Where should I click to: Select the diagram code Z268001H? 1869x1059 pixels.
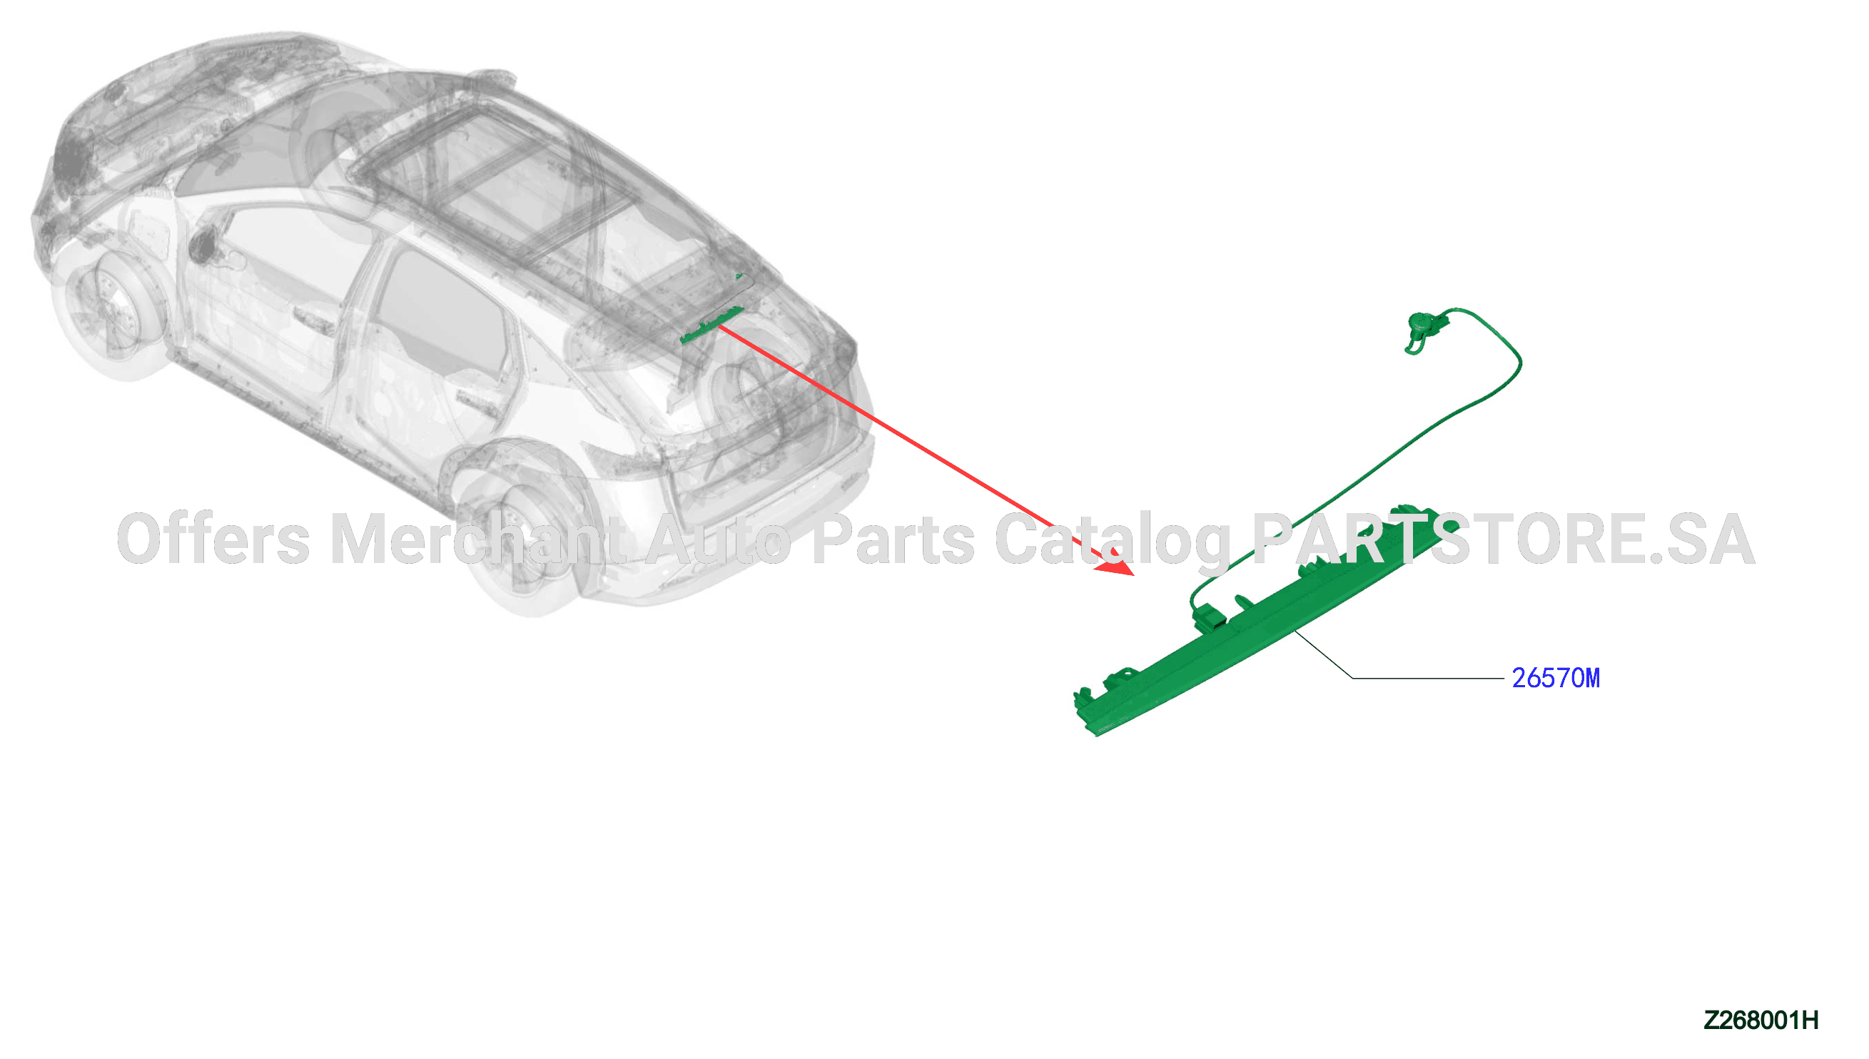pyautogui.click(x=1760, y=1020)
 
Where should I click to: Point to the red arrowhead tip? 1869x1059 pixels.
pyautogui.click(x=1134, y=575)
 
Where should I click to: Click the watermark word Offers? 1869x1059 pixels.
pyautogui.click(x=214, y=539)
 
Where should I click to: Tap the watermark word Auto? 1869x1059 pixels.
pyautogui.click(x=719, y=539)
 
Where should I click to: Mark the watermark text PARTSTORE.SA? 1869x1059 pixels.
pyautogui.click(x=1504, y=539)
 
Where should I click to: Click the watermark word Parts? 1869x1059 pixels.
pyautogui.click(x=893, y=539)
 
